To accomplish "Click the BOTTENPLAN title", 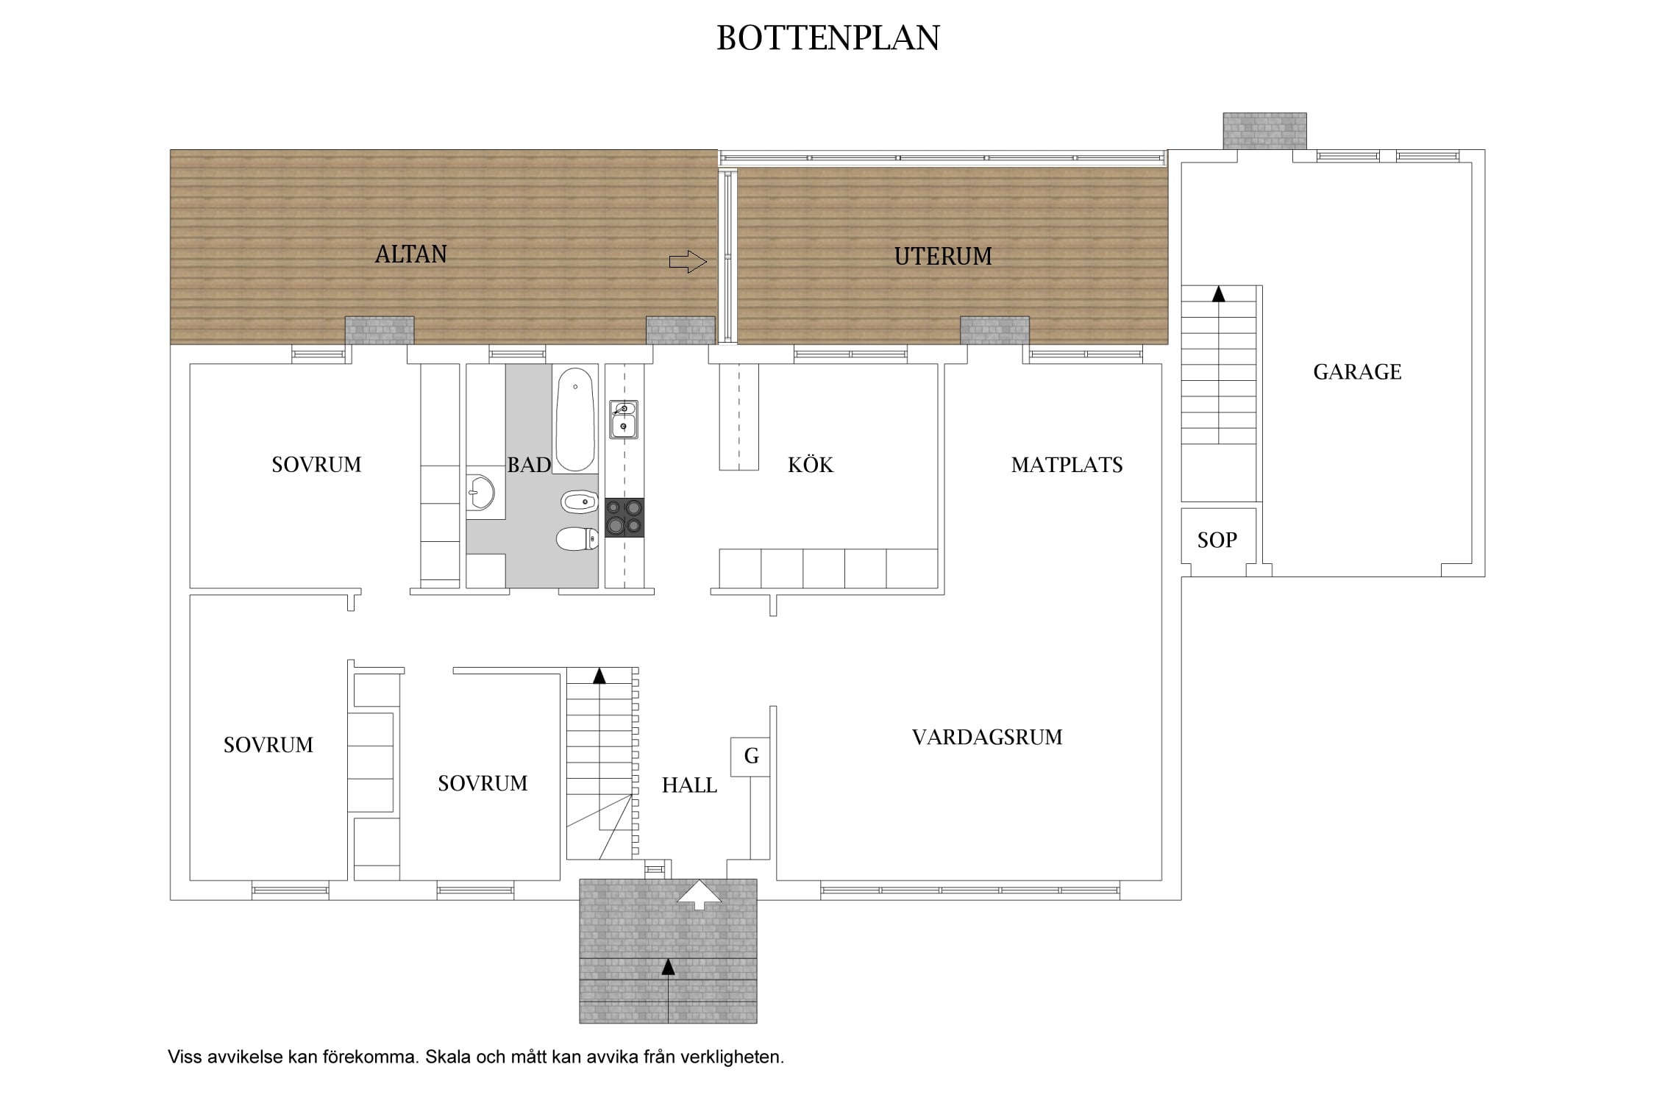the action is (828, 38).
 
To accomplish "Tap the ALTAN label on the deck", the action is (411, 254).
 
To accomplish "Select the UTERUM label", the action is (943, 257).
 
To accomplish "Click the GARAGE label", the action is (1357, 372).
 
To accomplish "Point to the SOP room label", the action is (1217, 540).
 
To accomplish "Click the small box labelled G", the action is (750, 757).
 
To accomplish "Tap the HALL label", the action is (689, 785).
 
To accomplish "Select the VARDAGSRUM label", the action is (987, 738).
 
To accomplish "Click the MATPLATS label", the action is (1067, 465).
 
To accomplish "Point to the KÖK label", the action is (811, 465).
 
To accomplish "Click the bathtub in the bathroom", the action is (574, 420).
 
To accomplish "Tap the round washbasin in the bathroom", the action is (480, 492).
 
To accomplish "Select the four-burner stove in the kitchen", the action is (624, 518).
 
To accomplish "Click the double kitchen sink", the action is (624, 419).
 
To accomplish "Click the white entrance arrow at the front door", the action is (699, 895).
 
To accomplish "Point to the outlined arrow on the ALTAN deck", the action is (688, 262).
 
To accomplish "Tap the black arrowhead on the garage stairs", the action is (1219, 294).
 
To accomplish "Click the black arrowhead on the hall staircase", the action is (599, 676).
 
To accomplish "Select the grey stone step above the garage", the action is (1265, 131).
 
